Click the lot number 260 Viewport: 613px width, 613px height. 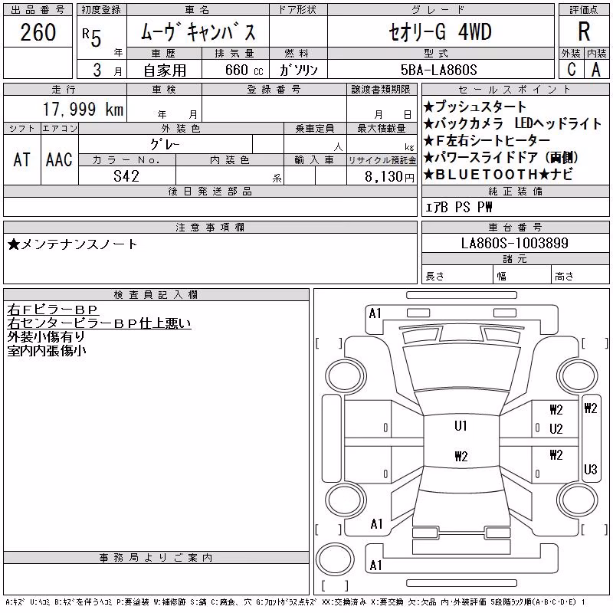click(38, 32)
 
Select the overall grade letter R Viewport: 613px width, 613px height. click(584, 31)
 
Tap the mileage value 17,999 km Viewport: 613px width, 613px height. click(83, 109)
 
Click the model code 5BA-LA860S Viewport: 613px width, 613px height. click(438, 70)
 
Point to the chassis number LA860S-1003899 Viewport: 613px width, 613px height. click(514, 243)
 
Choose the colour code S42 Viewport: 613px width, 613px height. click(126, 176)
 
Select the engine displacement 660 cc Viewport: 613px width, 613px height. click(244, 70)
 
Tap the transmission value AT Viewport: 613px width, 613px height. click(21, 159)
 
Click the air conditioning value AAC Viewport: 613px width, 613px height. click(59, 159)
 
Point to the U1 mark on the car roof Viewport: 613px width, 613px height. click(461, 426)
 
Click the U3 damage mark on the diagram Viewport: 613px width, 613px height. click(590, 469)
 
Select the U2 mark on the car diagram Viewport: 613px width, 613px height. click(556, 429)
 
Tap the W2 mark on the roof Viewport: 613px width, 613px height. click(461, 456)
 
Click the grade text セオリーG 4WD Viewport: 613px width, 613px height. click(440, 32)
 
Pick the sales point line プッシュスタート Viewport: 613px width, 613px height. click(475, 107)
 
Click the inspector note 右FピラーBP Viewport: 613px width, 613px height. click(52, 310)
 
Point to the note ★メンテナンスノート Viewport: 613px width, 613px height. click(72, 244)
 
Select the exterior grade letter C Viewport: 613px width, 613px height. click(572, 69)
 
